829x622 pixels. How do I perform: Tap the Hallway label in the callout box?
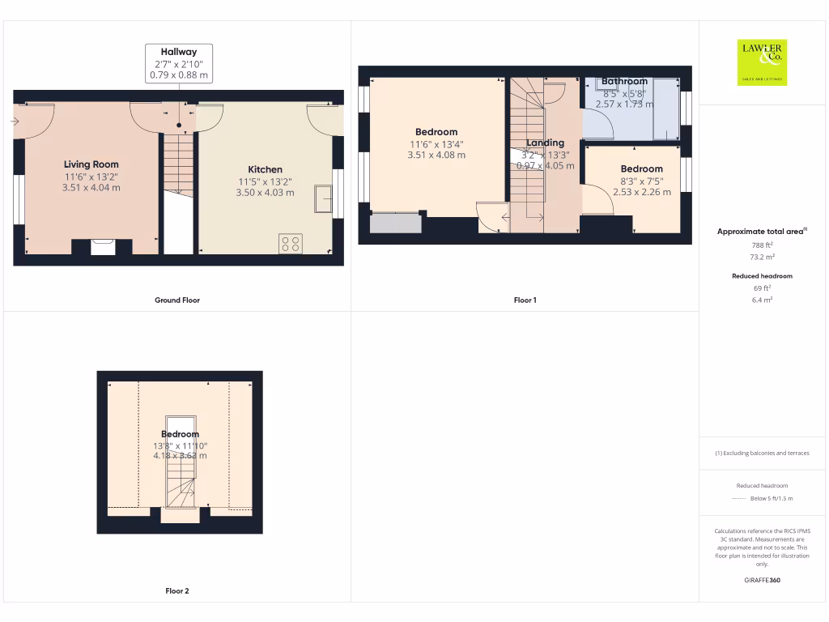(179, 52)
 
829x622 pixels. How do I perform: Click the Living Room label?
(91, 164)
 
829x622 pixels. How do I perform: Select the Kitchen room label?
(265, 169)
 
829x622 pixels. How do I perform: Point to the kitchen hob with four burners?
(291, 244)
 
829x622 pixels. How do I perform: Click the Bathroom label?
(624, 81)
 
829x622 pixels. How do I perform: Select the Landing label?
(545, 143)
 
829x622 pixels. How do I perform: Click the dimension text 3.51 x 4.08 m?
(436, 155)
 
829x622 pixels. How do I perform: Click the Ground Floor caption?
(177, 300)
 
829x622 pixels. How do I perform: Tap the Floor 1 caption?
(525, 300)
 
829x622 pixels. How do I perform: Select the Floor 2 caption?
(177, 591)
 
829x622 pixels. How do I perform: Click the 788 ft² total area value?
(763, 245)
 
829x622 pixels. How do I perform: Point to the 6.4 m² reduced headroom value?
(763, 300)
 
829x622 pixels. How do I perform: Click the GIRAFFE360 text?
(763, 580)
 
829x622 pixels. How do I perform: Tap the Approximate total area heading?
(761, 232)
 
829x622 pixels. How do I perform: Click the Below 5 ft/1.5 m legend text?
(772, 499)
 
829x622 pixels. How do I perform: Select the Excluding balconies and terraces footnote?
(762, 454)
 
